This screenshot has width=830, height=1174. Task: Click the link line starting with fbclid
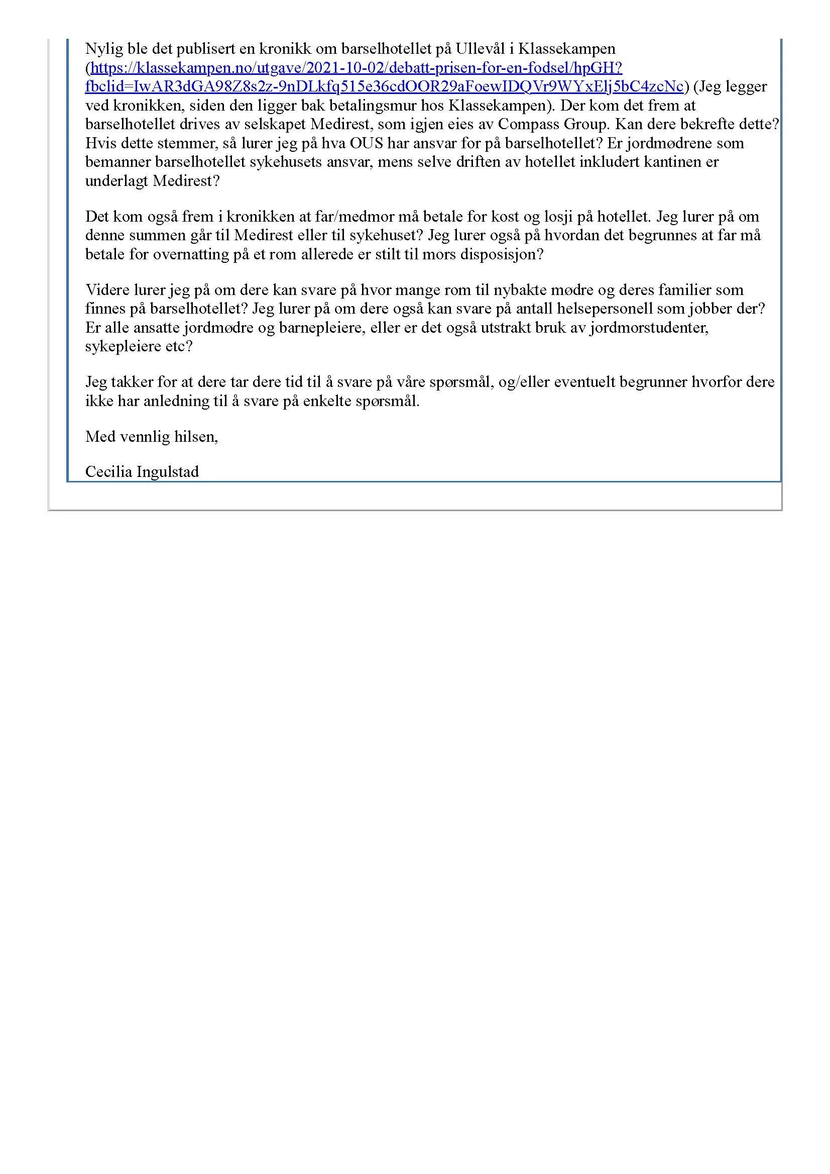(384, 87)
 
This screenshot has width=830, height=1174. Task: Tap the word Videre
(106, 290)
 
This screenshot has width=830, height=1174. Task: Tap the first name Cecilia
(109, 471)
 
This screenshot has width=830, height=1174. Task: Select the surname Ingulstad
(168, 471)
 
